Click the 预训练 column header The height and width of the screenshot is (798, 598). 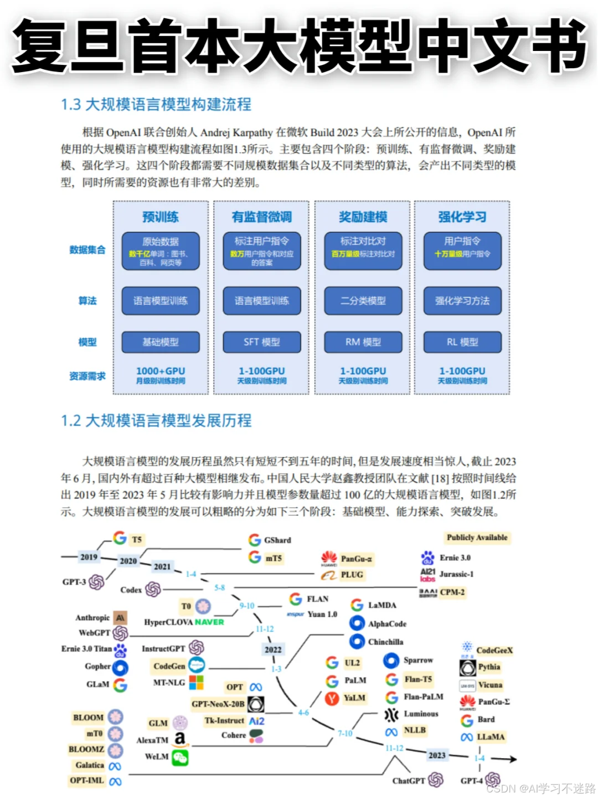tap(161, 217)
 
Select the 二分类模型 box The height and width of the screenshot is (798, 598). tap(363, 301)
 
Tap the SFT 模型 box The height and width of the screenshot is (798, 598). tap(262, 342)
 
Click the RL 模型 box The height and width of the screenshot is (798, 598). tap(462, 342)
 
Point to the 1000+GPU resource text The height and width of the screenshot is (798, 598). tap(161, 371)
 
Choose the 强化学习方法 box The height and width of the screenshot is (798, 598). tap(462, 301)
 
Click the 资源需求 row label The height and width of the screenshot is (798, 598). tap(87, 376)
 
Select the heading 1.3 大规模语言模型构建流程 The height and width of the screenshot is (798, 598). tap(156, 104)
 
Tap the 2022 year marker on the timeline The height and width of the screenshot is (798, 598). tap(273, 649)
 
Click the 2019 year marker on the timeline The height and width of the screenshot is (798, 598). tap(89, 557)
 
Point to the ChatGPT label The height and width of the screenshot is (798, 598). tap(409, 781)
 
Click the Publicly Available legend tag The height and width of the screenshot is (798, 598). tap(477, 538)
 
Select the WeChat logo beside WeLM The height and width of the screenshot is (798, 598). tap(180, 758)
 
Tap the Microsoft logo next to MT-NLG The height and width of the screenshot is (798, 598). tap(196, 682)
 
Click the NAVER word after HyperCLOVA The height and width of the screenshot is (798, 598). tap(209, 622)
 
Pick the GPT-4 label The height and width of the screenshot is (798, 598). tap(472, 781)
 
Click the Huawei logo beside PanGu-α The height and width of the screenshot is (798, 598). tap(329, 558)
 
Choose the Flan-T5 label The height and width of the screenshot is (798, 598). tap(418, 679)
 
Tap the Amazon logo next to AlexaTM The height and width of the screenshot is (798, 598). tap(180, 739)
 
